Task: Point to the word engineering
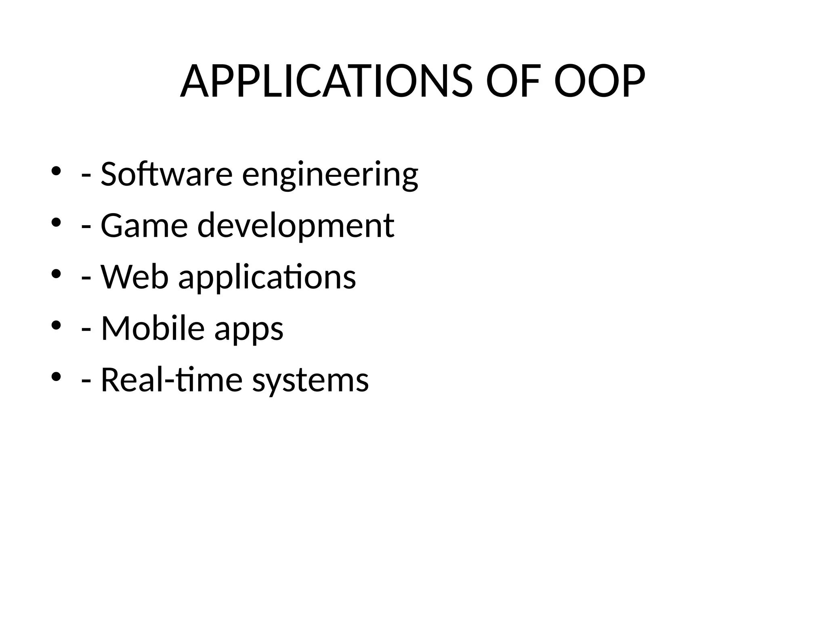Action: [330, 176]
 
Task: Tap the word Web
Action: [134, 277]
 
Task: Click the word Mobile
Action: [153, 328]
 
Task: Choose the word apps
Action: [249, 330]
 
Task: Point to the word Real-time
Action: [171, 380]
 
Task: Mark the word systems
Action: [311, 381]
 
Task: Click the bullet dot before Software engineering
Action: [56, 171]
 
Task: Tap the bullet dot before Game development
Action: [56, 222]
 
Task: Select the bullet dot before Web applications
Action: [56, 274]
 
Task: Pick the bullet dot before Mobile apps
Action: [56, 325]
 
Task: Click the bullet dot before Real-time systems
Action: [56, 377]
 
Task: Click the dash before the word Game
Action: [86, 228]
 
